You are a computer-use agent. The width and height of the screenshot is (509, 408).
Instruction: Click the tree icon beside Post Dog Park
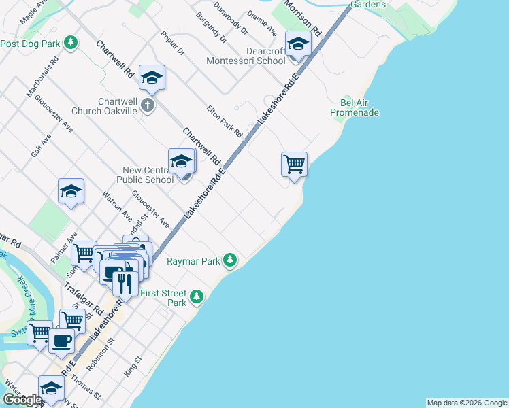click(70, 44)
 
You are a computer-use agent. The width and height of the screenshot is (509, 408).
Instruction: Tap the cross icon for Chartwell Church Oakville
click(148, 105)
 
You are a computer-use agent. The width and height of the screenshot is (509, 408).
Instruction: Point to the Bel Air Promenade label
click(354, 107)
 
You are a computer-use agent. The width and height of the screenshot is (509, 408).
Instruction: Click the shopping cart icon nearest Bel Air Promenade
click(294, 163)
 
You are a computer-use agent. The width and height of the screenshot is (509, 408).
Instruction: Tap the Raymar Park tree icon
click(231, 260)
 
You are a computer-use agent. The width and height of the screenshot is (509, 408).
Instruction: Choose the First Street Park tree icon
click(197, 296)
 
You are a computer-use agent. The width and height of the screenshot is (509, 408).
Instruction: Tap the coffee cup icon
click(61, 341)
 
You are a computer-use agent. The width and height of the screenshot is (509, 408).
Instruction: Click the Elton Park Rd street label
click(225, 120)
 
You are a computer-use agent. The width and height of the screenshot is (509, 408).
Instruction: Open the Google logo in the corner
click(22, 400)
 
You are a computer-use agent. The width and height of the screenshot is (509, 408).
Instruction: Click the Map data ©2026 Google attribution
click(466, 403)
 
